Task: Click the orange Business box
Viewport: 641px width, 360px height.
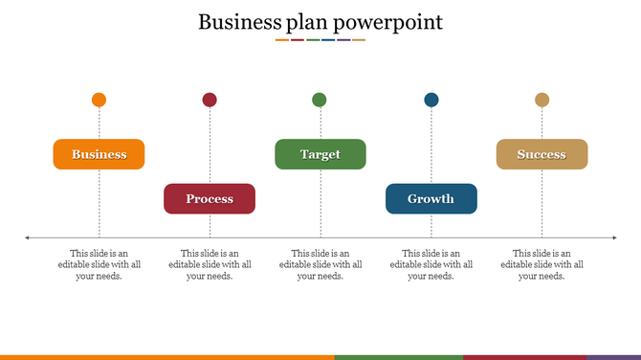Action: click(x=99, y=154)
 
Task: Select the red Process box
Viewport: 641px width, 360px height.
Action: click(x=210, y=198)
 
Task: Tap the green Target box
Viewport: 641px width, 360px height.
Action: click(x=320, y=154)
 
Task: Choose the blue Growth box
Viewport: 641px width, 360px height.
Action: click(x=431, y=198)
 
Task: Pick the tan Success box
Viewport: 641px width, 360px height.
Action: click(x=542, y=154)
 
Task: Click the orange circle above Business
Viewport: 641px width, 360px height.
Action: click(x=99, y=100)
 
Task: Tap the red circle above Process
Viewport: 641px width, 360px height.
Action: click(x=210, y=100)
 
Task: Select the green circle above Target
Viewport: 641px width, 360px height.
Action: click(x=320, y=100)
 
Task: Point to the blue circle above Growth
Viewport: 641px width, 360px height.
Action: click(x=431, y=100)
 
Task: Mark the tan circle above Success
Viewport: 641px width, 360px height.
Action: click(x=542, y=100)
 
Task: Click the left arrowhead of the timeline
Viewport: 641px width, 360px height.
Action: click(x=28, y=237)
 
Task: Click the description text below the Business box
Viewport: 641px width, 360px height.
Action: click(x=99, y=264)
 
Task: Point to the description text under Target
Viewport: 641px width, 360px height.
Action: click(x=320, y=264)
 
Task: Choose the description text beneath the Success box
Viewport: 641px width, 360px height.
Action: click(x=542, y=264)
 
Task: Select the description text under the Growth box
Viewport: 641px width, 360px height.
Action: click(x=431, y=264)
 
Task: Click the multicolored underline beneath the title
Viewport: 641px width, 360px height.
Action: click(x=320, y=40)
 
